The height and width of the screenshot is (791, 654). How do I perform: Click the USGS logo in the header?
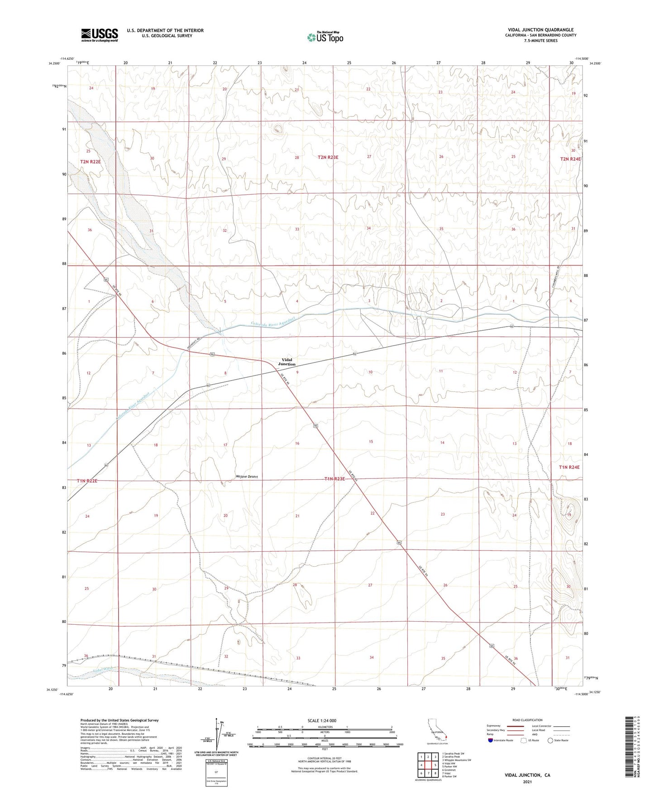coord(100,35)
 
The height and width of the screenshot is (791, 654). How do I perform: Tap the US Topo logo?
coord(325,37)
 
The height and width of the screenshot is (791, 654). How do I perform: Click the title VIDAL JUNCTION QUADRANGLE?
coord(540,30)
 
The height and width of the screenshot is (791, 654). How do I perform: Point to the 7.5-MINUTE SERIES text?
coord(540,41)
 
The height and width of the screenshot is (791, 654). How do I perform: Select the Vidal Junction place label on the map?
coord(286,362)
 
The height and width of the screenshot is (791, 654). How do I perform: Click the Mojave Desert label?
coord(247,477)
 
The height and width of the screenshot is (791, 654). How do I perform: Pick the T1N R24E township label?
coord(569,467)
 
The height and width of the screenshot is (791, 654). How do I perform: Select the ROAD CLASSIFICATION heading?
coord(527,720)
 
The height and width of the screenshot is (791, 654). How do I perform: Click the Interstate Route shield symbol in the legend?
coord(491,740)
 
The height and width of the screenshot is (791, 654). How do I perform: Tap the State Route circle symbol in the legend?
coord(550,740)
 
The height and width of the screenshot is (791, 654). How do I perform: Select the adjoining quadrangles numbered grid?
coord(428,765)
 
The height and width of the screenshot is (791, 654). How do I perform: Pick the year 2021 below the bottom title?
coord(527,781)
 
